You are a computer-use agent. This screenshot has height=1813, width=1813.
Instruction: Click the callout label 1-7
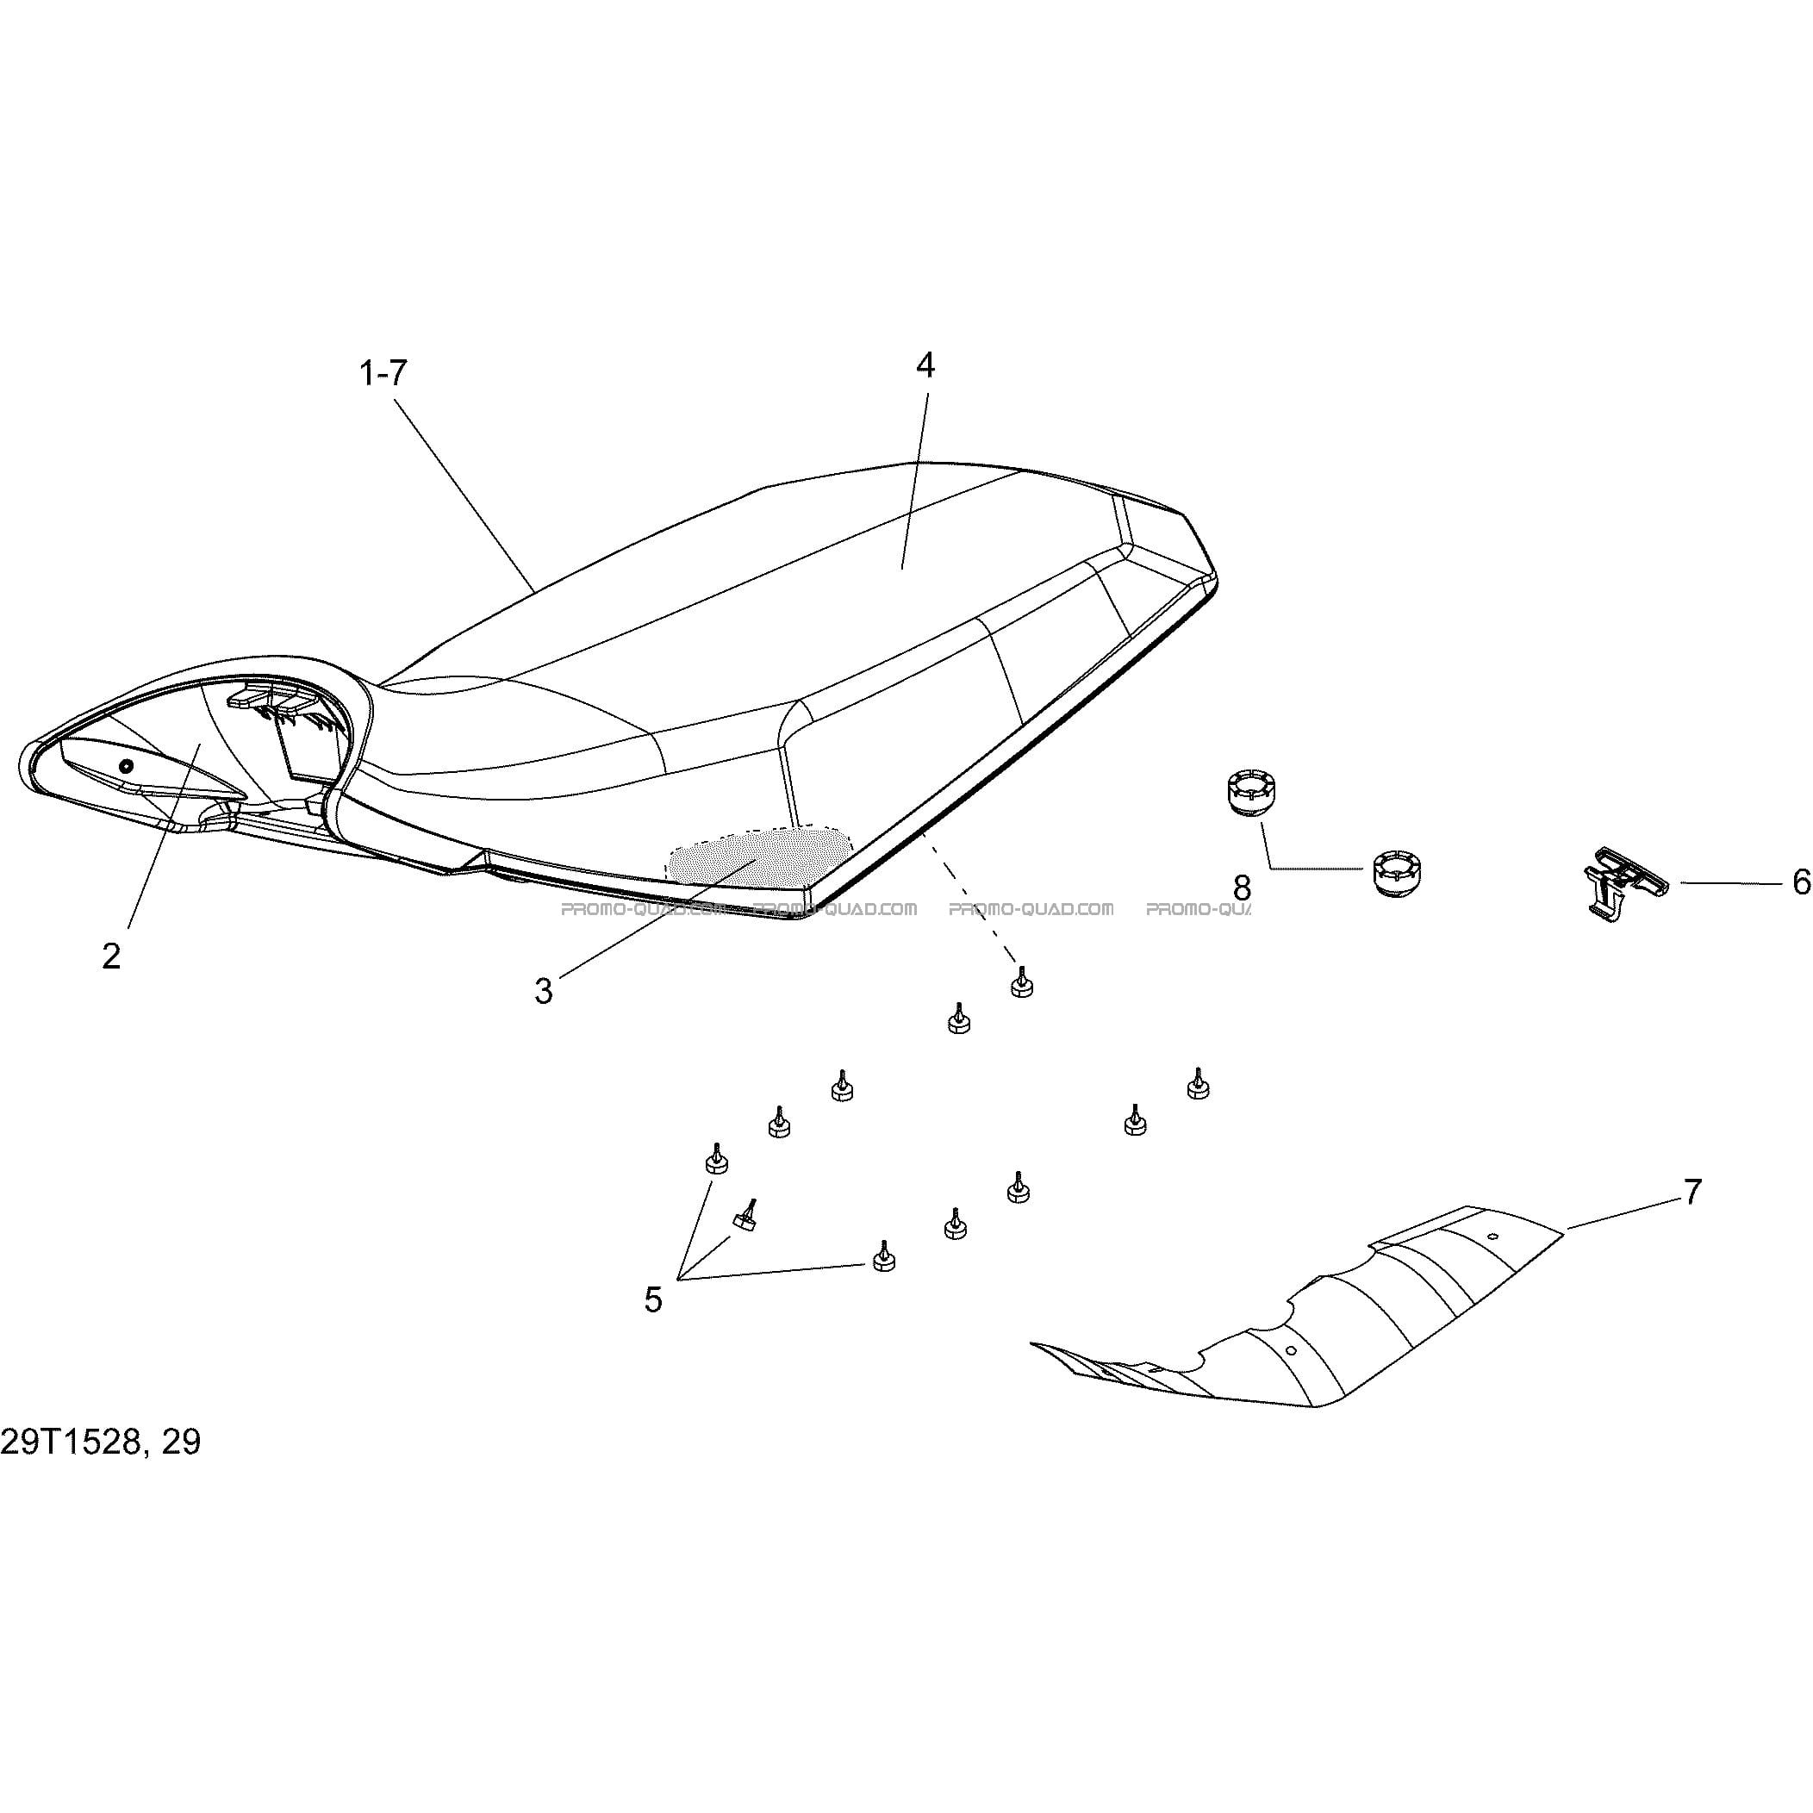[x=383, y=373]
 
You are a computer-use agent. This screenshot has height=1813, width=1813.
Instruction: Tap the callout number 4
[x=925, y=366]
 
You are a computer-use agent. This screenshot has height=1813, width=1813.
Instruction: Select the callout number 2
[x=112, y=956]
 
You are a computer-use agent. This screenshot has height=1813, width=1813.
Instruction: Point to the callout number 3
[x=544, y=991]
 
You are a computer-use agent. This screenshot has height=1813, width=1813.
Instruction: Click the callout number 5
[x=653, y=1299]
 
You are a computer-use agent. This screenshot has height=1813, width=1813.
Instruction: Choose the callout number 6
[x=1801, y=882]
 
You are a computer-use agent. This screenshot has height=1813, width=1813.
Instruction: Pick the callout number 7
[x=1692, y=1193]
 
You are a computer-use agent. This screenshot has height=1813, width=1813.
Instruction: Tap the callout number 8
[x=1242, y=887]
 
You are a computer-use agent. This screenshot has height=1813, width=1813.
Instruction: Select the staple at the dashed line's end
[x=1021, y=982]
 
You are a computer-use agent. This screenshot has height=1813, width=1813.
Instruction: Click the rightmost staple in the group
[x=1198, y=1084]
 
